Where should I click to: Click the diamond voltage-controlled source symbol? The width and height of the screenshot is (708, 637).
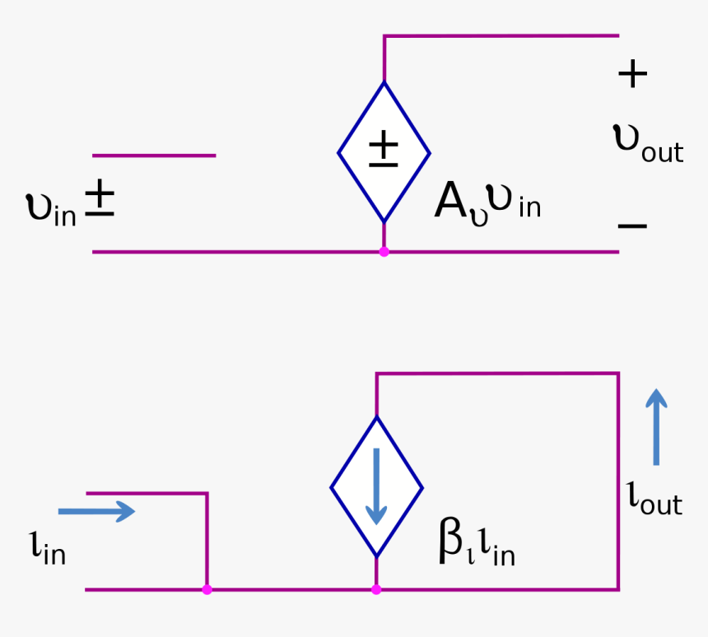tap(384, 152)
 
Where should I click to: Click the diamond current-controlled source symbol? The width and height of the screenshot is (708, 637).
tap(376, 487)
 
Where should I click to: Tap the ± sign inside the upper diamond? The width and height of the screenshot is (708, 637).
tap(383, 150)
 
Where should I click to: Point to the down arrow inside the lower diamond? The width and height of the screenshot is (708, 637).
tap(376, 486)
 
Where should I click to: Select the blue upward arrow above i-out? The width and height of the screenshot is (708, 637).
tap(656, 426)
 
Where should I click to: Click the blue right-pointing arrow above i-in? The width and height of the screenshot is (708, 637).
tap(108, 511)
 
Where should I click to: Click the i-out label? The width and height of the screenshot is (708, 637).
tap(654, 498)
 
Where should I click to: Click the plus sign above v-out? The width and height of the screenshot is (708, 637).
tap(632, 75)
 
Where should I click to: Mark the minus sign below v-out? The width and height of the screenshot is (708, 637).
tap(631, 225)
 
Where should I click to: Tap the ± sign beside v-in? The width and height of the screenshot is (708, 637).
tap(100, 198)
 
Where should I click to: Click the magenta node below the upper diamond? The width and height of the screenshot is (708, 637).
tap(384, 251)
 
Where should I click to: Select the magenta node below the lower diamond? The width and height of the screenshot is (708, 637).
tap(376, 589)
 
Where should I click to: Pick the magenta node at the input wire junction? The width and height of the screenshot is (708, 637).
tap(207, 589)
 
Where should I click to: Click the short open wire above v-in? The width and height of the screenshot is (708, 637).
tap(154, 155)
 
